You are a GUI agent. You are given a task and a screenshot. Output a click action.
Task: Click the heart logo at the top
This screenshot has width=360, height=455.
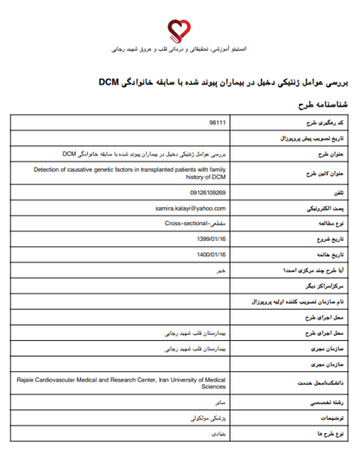[180, 33]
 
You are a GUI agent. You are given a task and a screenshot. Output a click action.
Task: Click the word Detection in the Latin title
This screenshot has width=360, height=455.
[35, 169]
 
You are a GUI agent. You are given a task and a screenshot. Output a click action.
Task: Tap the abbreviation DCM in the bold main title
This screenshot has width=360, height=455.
[109, 83]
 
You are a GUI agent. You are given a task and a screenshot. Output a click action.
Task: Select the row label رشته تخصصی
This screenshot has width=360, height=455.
[327, 402]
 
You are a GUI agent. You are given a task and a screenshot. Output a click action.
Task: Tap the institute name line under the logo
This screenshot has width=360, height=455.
[180, 52]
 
